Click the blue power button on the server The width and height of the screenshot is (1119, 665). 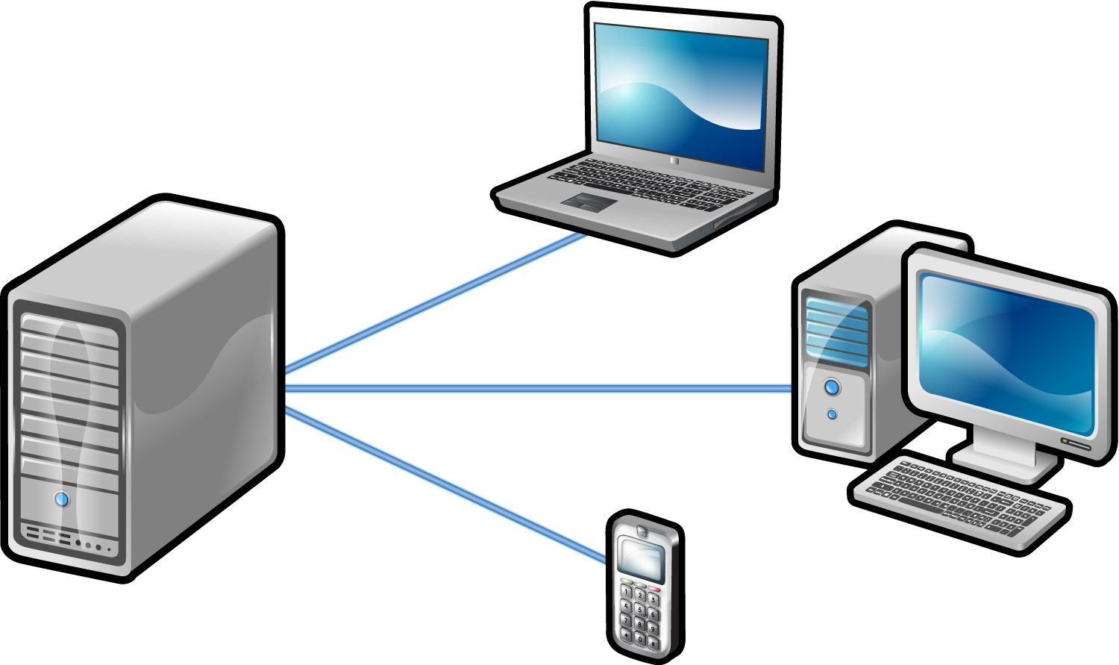point(62,499)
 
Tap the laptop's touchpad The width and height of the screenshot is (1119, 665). point(589,201)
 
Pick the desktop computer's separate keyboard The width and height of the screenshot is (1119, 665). point(959,500)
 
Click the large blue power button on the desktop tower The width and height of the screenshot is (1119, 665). point(833,387)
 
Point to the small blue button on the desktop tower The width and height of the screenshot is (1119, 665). point(832,414)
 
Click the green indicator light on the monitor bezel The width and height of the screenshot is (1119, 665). point(1066,441)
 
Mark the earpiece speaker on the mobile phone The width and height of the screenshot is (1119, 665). point(641,531)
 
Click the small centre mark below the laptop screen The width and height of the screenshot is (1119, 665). point(674,160)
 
